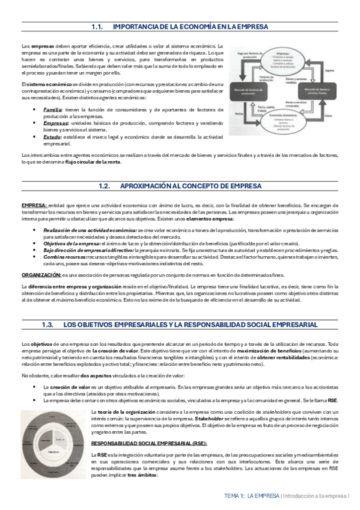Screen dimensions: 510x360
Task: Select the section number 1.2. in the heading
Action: (106, 187)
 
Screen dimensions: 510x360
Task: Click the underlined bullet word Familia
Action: (52, 109)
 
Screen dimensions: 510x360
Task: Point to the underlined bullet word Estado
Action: (52, 137)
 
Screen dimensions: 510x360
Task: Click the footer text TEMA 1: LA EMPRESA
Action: (252, 496)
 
